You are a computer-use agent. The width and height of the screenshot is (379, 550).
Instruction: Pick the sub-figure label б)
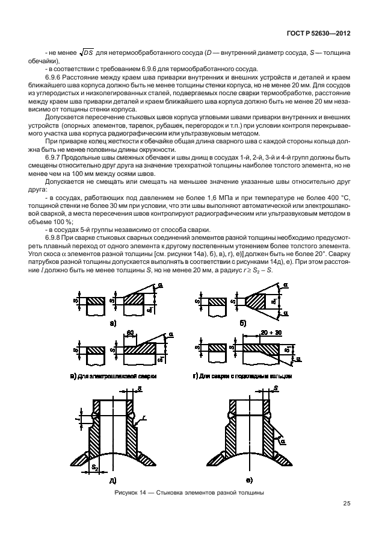click(x=243, y=323)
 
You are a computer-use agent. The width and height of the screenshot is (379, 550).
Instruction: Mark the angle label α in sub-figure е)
click(x=283, y=441)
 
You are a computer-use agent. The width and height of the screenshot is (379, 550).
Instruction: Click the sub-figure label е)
click(x=248, y=480)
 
